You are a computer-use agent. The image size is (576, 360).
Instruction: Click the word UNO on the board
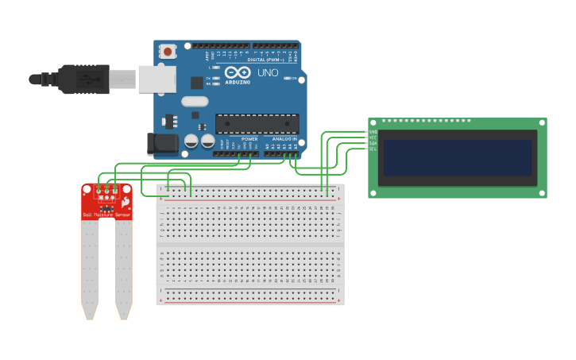[x=268, y=72]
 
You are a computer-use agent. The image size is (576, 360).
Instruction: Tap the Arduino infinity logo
[x=238, y=72]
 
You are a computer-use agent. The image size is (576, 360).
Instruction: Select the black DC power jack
[x=162, y=144]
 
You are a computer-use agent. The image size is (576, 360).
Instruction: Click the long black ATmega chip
[x=257, y=124]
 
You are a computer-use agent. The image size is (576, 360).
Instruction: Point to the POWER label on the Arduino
[x=249, y=138]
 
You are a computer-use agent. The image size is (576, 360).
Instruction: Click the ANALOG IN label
[x=284, y=138]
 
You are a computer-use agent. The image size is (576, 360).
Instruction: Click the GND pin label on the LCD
[x=373, y=132]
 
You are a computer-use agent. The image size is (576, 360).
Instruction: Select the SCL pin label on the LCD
[x=373, y=149]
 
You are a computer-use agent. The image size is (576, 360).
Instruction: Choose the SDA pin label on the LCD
[x=373, y=143]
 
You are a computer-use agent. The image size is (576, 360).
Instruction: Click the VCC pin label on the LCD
[x=373, y=137]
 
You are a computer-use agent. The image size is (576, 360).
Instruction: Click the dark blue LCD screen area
[x=457, y=157]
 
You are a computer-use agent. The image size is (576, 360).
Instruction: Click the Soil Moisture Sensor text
[x=106, y=215]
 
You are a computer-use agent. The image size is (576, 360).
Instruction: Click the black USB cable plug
[x=83, y=79]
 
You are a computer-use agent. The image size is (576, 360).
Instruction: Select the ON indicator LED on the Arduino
[x=288, y=79]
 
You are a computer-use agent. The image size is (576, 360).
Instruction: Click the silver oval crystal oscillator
[x=195, y=101]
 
